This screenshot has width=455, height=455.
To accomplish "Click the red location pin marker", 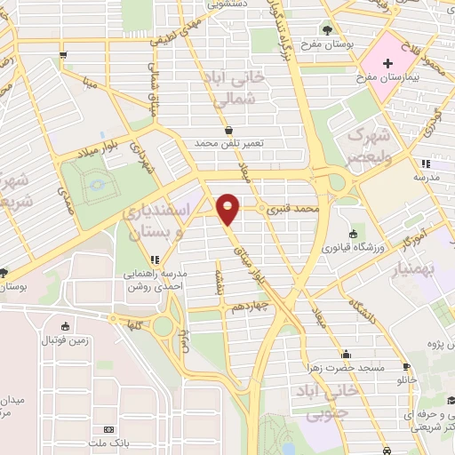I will coord(229,208).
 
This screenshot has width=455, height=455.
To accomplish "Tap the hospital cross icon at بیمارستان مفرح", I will coord(387,63).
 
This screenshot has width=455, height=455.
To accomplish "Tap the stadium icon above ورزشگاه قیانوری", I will coord(354,234).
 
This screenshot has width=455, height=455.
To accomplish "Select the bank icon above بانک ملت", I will coord(109,429).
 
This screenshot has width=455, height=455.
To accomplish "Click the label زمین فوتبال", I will coord(66,340).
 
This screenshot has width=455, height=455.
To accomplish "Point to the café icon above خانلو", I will coord(407,366).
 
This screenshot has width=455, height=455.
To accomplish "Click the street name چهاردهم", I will coord(250,307).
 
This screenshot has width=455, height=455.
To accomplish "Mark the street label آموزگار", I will coord(411,235).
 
